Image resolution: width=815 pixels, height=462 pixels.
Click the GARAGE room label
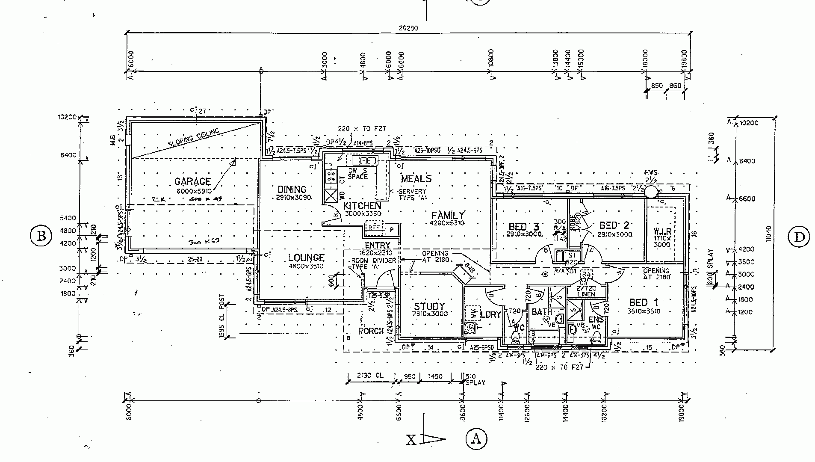(x=192, y=181)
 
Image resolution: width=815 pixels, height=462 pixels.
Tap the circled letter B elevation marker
(x=41, y=236)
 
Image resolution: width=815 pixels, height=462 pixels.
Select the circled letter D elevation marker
(x=799, y=237)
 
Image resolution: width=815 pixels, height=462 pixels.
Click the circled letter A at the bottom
(x=475, y=438)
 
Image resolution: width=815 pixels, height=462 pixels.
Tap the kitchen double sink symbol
(x=364, y=161)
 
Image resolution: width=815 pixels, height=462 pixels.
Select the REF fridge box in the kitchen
(x=374, y=228)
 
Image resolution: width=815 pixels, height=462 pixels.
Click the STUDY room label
(x=429, y=306)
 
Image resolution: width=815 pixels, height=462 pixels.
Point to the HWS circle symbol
(x=651, y=191)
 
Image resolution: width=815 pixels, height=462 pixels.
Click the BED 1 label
(x=644, y=303)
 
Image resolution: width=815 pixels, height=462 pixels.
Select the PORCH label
(x=371, y=331)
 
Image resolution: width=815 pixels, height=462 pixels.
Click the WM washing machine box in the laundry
(x=473, y=313)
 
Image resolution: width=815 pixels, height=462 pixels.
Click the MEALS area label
(x=416, y=179)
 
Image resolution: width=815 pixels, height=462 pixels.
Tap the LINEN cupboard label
(x=586, y=294)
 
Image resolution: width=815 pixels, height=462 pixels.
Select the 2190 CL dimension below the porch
(x=370, y=376)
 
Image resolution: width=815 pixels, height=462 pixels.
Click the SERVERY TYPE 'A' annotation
(x=412, y=195)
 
